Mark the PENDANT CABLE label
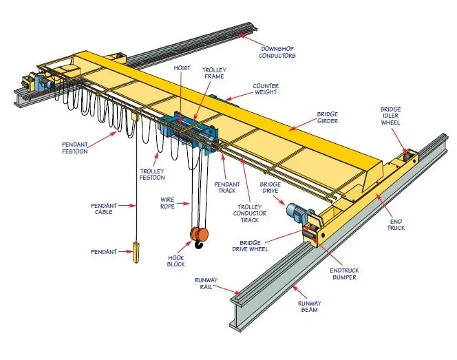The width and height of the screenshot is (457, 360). click(x=105, y=209)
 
